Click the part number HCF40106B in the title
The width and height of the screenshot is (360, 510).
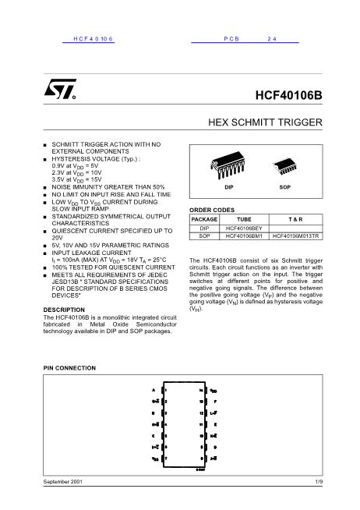tap(288, 97)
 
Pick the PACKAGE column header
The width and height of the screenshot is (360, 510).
tap(204, 221)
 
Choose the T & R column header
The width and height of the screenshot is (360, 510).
tap(298, 221)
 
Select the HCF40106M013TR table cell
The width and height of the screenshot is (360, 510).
tap(298, 236)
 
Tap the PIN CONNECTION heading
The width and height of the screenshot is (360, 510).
tap(69, 365)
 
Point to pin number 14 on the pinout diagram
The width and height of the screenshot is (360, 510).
tap(202, 389)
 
